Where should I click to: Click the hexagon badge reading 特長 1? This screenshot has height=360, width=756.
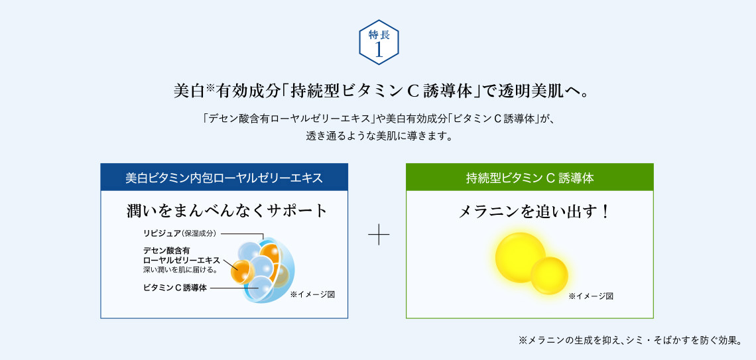[x=379, y=42]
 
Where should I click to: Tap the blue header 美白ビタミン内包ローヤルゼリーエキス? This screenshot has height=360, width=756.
[x=224, y=178]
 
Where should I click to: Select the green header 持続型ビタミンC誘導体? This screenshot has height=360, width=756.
[x=529, y=178]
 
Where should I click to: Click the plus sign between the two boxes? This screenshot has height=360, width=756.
[x=379, y=235]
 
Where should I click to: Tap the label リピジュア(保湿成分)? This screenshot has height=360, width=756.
[x=180, y=233]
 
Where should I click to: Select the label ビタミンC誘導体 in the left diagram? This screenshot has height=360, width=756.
[x=175, y=288]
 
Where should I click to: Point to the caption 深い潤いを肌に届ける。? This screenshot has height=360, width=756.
[x=180, y=269]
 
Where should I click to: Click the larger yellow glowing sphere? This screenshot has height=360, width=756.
[x=520, y=257]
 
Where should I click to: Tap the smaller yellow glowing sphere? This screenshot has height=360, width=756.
[x=549, y=276]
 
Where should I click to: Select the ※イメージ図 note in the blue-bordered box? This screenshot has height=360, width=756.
[x=312, y=294]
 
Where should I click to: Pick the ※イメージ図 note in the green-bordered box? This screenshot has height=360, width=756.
[x=591, y=296]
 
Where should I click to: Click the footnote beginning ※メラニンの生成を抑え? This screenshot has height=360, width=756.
[x=630, y=341]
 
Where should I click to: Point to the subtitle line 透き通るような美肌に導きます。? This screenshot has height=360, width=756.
[x=379, y=135]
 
